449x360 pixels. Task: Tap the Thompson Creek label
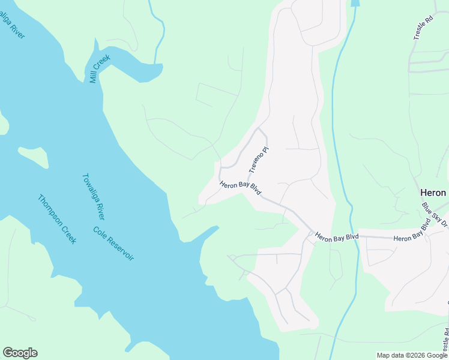click(57, 219)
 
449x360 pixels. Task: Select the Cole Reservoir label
click(113, 243)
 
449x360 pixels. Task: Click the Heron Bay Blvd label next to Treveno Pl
click(241, 188)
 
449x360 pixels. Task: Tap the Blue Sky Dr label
click(435, 215)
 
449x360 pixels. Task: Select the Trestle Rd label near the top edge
click(423, 28)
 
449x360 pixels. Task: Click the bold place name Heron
click(432, 193)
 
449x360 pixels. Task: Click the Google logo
click(20, 353)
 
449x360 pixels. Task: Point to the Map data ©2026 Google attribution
click(412, 355)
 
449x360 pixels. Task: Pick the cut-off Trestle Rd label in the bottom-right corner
click(445, 340)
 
